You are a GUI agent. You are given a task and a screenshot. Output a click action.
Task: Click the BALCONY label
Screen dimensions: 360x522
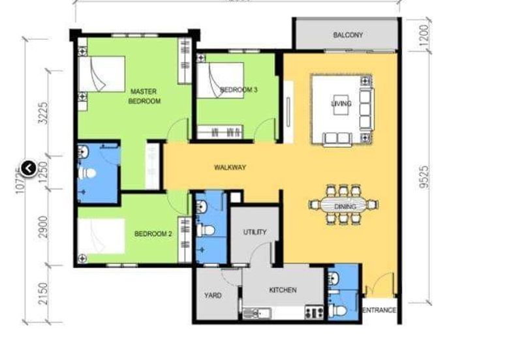[x=347, y=35]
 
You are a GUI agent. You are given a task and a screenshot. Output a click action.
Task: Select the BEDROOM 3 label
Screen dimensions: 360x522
[x=239, y=89]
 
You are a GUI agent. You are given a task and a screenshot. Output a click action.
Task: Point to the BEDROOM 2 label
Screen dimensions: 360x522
[x=153, y=233]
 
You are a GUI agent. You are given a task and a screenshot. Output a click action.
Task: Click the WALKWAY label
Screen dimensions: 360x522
[x=230, y=168]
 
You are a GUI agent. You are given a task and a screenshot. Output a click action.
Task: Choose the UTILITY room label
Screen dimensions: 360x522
[x=254, y=232]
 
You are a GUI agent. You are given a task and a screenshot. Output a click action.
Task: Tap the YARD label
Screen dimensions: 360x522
[x=213, y=295]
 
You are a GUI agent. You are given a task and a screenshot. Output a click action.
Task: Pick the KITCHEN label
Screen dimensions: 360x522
[x=283, y=290]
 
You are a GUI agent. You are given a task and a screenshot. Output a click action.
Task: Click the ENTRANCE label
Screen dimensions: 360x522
[x=379, y=310]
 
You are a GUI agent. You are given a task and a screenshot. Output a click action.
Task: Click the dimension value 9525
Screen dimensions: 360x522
[x=425, y=176]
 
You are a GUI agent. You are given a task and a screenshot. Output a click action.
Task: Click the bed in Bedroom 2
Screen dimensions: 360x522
[x=102, y=237]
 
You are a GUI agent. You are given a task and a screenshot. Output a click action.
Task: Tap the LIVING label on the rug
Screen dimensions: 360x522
[x=341, y=103]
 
